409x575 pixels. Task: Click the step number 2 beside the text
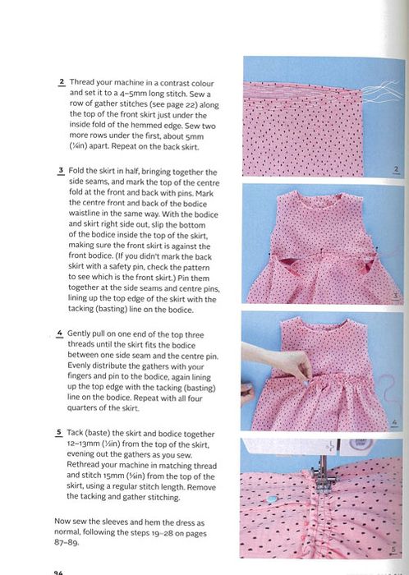point(62,82)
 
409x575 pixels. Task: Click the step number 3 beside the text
point(61,171)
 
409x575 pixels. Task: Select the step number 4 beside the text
point(59,333)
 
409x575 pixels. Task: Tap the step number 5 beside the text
point(59,432)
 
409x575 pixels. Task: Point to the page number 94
point(58,573)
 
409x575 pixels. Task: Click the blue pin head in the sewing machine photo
point(272,499)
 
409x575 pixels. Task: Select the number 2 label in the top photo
point(396,169)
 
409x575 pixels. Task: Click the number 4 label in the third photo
point(394,422)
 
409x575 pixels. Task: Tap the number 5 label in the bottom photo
point(393,550)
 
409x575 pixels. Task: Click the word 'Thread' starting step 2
point(81,82)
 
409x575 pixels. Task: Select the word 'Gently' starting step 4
point(78,333)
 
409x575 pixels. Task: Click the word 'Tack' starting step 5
point(75,433)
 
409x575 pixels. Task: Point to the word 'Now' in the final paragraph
point(62,521)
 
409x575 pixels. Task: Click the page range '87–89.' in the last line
point(67,543)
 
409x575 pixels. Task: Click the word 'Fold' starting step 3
point(76,171)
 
